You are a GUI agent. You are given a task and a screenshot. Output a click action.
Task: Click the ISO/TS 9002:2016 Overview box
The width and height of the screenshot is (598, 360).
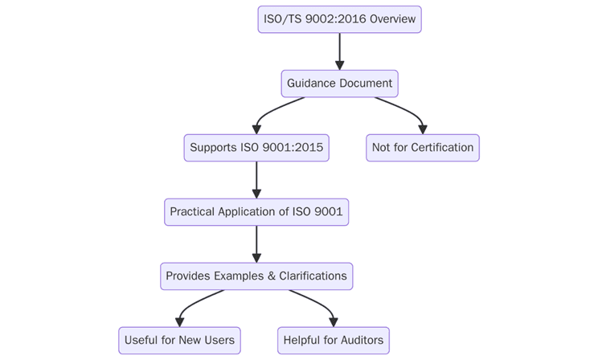click(339, 19)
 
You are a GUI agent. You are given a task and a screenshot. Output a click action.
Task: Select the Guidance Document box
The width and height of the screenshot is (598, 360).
click(339, 84)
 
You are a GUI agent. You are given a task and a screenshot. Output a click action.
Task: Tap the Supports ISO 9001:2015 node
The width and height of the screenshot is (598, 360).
click(256, 148)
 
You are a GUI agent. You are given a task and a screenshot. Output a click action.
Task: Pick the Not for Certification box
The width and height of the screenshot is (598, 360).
click(423, 148)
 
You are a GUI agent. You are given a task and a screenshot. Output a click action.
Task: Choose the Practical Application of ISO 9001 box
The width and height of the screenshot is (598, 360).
click(256, 212)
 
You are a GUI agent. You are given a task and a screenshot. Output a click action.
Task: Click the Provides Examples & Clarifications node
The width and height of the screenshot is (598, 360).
click(256, 276)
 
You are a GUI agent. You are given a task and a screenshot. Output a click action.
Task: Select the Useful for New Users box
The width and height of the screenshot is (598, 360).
click(179, 340)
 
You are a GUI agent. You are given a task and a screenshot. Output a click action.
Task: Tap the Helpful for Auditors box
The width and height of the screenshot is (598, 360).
click(334, 340)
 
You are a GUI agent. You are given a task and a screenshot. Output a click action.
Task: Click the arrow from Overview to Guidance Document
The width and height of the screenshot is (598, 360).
click(339, 51)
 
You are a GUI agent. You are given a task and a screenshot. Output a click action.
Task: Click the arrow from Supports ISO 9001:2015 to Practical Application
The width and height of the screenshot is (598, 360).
click(256, 180)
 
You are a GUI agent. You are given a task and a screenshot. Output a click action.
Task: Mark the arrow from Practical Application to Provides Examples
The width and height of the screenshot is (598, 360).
click(256, 244)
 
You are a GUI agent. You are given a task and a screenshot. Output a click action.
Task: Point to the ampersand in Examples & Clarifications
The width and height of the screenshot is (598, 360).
click(271, 276)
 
